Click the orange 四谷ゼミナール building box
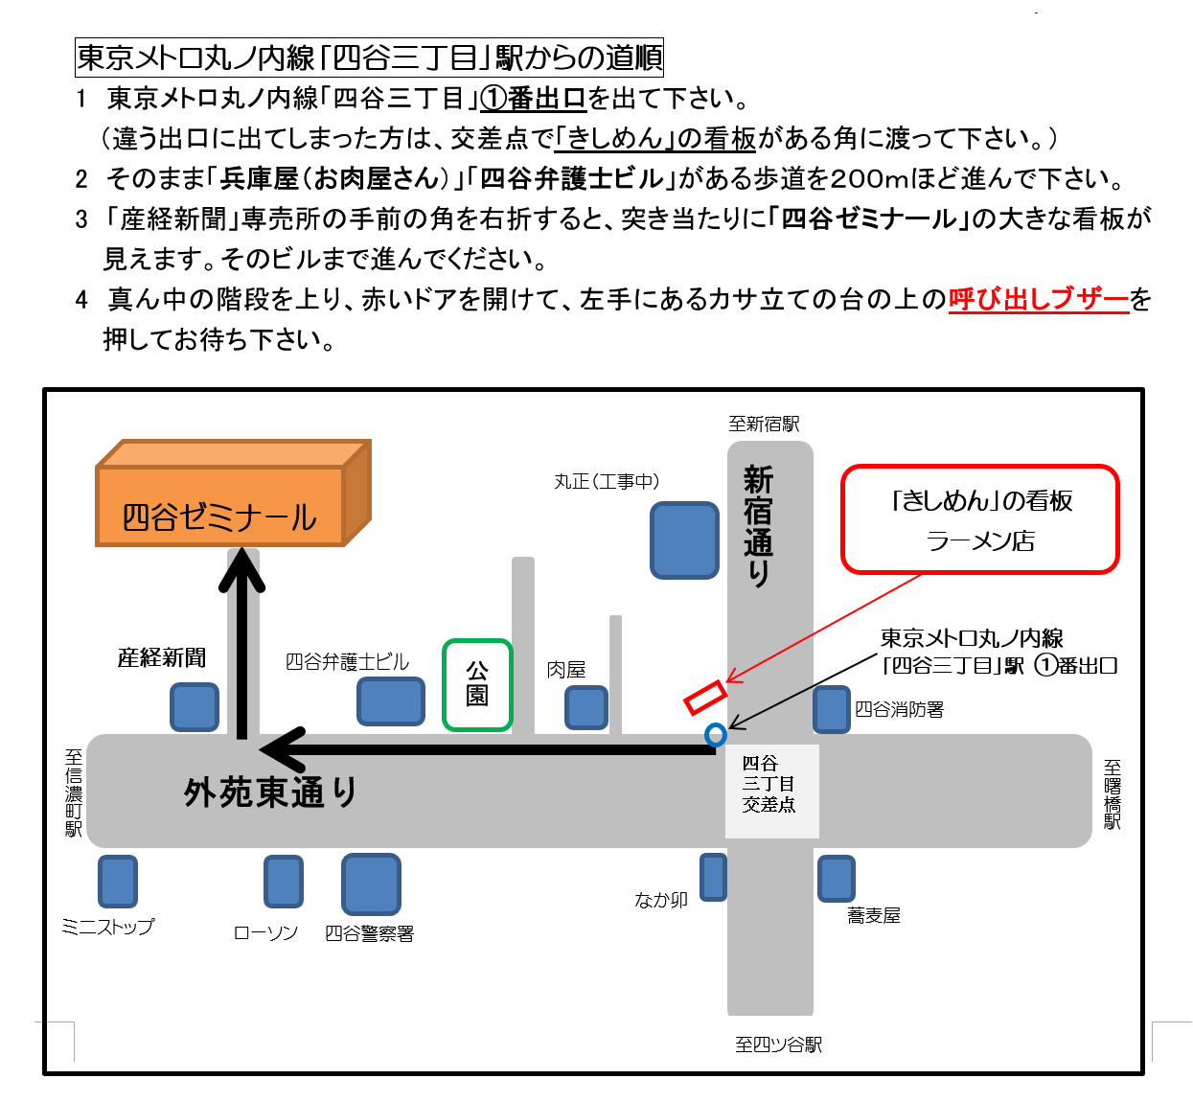pyautogui.click(x=233, y=493)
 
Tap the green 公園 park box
pyautogui.click(x=477, y=684)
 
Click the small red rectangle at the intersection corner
pyautogui.click(x=705, y=698)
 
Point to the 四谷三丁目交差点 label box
pyautogui.click(x=772, y=791)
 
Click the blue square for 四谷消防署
pyautogui.click(x=832, y=709)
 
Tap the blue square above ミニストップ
pyautogui.click(x=118, y=881)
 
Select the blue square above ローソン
pyautogui.click(x=284, y=881)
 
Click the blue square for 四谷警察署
pyautogui.click(x=371, y=884)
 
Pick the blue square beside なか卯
pyautogui.click(x=714, y=877)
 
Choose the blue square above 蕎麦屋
pyautogui.click(x=837, y=878)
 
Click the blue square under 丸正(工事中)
pyautogui.click(x=684, y=540)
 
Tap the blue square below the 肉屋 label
pyautogui.click(x=586, y=707)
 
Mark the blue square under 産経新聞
pyautogui.click(x=194, y=706)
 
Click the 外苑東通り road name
pyautogui.click(x=270, y=792)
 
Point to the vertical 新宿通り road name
pyautogui.click(x=758, y=525)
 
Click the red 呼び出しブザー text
pyautogui.click(x=1039, y=299)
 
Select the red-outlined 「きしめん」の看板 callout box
pyautogui.click(x=980, y=519)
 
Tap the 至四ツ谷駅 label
pyautogui.click(x=778, y=1045)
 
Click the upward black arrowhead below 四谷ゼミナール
pyautogui.click(x=241, y=569)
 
